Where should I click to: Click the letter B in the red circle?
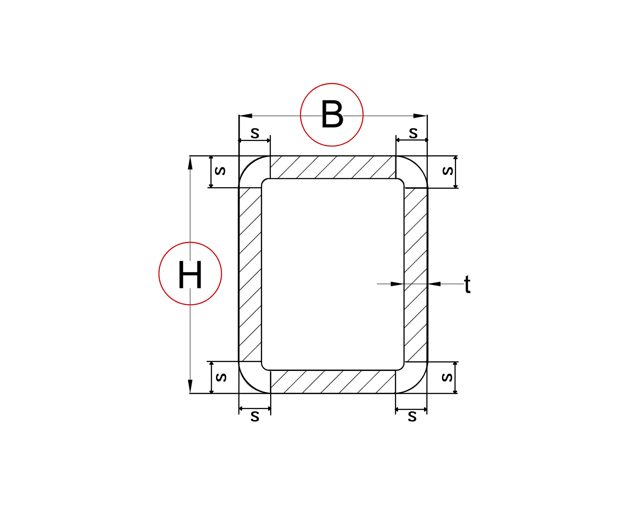(332, 114)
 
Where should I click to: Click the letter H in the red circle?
(190, 274)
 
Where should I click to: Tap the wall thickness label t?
(467, 284)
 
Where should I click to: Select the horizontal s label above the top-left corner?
(255, 133)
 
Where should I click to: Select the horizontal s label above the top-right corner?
(413, 133)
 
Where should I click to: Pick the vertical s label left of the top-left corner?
(220, 171)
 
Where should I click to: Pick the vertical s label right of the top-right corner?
(448, 171)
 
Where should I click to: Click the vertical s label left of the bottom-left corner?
(221, 377)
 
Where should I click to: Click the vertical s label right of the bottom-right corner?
(447, 377)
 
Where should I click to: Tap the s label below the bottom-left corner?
(255, 416)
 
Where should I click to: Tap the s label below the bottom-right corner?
(412, 416)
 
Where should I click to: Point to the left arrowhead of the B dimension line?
(246, 116)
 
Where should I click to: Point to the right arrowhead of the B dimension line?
(420, 116)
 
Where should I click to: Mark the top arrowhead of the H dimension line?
(190, 163)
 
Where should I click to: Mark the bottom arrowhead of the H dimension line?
(190, 386)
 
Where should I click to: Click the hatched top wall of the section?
(332, 167)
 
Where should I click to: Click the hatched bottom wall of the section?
(332, 382)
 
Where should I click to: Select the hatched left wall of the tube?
(250, 274)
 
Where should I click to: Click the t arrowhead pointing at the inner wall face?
(397, 284)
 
